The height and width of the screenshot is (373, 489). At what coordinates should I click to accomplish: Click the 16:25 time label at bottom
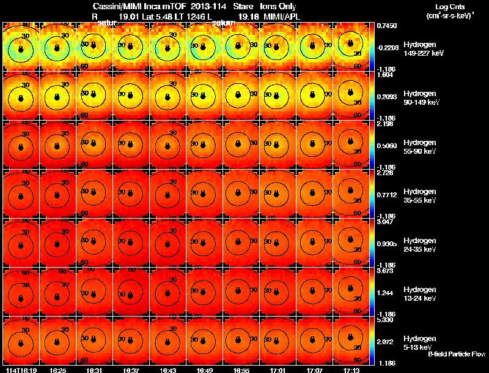tap(58, 370)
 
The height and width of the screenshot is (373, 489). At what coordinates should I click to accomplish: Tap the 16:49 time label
tap(205, 370)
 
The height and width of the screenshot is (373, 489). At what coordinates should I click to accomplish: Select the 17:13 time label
tap(351, 370)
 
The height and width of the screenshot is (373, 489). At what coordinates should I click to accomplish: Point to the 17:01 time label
tap(278, 370)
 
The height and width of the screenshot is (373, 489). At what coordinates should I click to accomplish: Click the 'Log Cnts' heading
tap(442, 7)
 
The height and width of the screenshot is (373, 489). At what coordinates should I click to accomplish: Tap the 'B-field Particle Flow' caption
tap(456, 355)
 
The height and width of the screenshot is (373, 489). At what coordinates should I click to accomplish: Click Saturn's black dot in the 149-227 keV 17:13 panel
tap(350, 43)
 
